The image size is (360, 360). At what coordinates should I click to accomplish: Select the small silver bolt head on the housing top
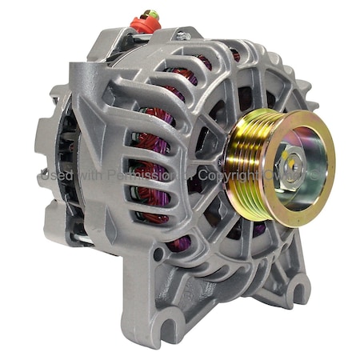tap(182, 35)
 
